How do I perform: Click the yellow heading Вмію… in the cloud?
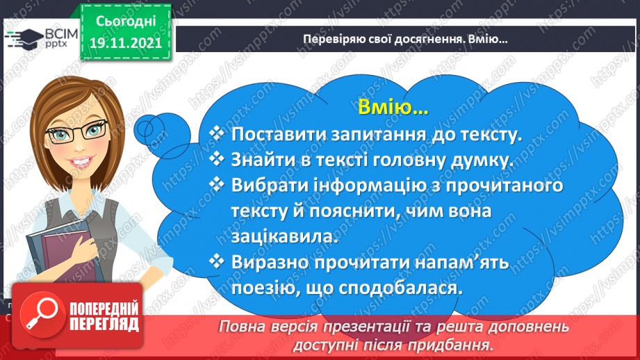click(393, 107)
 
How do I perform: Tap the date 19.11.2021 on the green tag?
click(126, 43)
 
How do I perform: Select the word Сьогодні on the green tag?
click(126, 22)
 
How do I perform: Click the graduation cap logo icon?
click(24, 38)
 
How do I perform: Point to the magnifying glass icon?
click(42, 315)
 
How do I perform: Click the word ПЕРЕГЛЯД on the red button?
click(104, 324)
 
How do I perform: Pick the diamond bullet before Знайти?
click(216, 158)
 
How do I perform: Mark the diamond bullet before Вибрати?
click(216, 184)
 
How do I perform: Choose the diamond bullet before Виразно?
click(216, 261)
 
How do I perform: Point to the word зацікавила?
click(285, 237)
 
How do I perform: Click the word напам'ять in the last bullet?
click(461, 263)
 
